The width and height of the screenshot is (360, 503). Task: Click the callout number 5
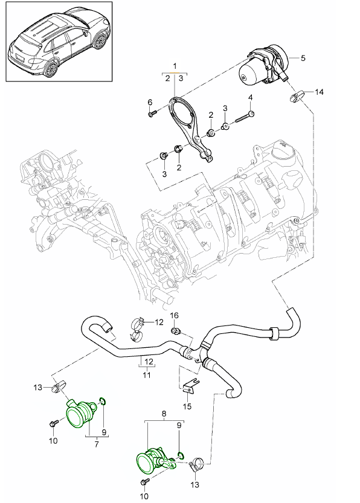click(x=303, y=58)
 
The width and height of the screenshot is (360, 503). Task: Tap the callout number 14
click(x=319, y=92)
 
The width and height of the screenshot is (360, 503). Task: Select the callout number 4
click(x=251, y=97)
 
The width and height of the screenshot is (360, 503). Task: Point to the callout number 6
click(x=150, y=102)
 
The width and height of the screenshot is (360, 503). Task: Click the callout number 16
click(x=174, y=315)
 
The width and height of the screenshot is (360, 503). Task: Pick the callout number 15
click(x=187, y=406)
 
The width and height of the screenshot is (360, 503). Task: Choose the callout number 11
click(x=147, y=374)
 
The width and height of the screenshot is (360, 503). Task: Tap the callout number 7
click(x=97, y=444)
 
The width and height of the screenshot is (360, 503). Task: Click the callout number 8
click(x=164, y=414)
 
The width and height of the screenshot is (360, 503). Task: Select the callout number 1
click(x=175, y=66)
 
